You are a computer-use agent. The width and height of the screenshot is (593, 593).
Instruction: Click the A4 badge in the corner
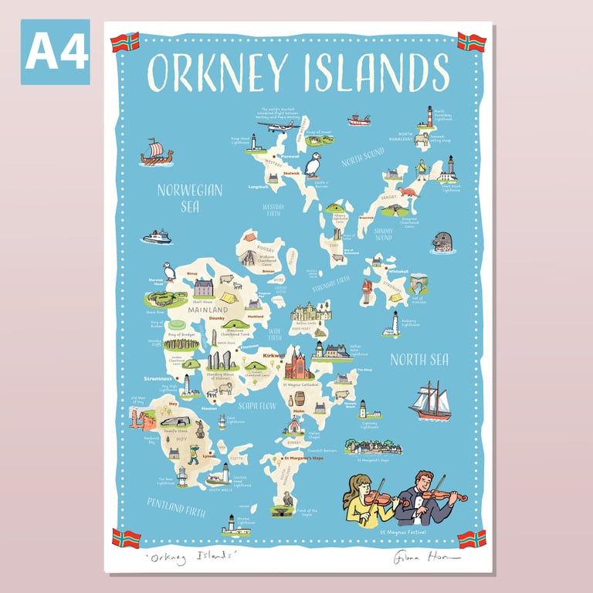[x=55, y=52]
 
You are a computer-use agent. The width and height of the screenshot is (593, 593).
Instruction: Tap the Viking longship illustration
[x=156, y=153]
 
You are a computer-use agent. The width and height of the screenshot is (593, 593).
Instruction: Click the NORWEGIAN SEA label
[x=189, y=198]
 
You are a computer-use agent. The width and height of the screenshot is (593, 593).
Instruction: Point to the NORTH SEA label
[x=419, y=359]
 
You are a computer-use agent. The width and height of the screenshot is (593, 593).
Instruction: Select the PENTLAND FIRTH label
[x=177, y=507]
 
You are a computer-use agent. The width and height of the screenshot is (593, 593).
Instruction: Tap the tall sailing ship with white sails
[x=430, y=401]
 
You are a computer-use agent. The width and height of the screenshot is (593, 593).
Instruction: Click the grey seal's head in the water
[x=442, y=242]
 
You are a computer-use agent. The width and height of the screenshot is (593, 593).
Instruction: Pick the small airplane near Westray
[x=278, y=125]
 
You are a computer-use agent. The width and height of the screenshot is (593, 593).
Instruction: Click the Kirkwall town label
[x=273, y=356]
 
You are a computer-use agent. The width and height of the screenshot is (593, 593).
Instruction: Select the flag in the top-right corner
[x=471, y=42]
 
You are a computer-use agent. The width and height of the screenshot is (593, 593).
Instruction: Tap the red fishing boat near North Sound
[x=359, y=120]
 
